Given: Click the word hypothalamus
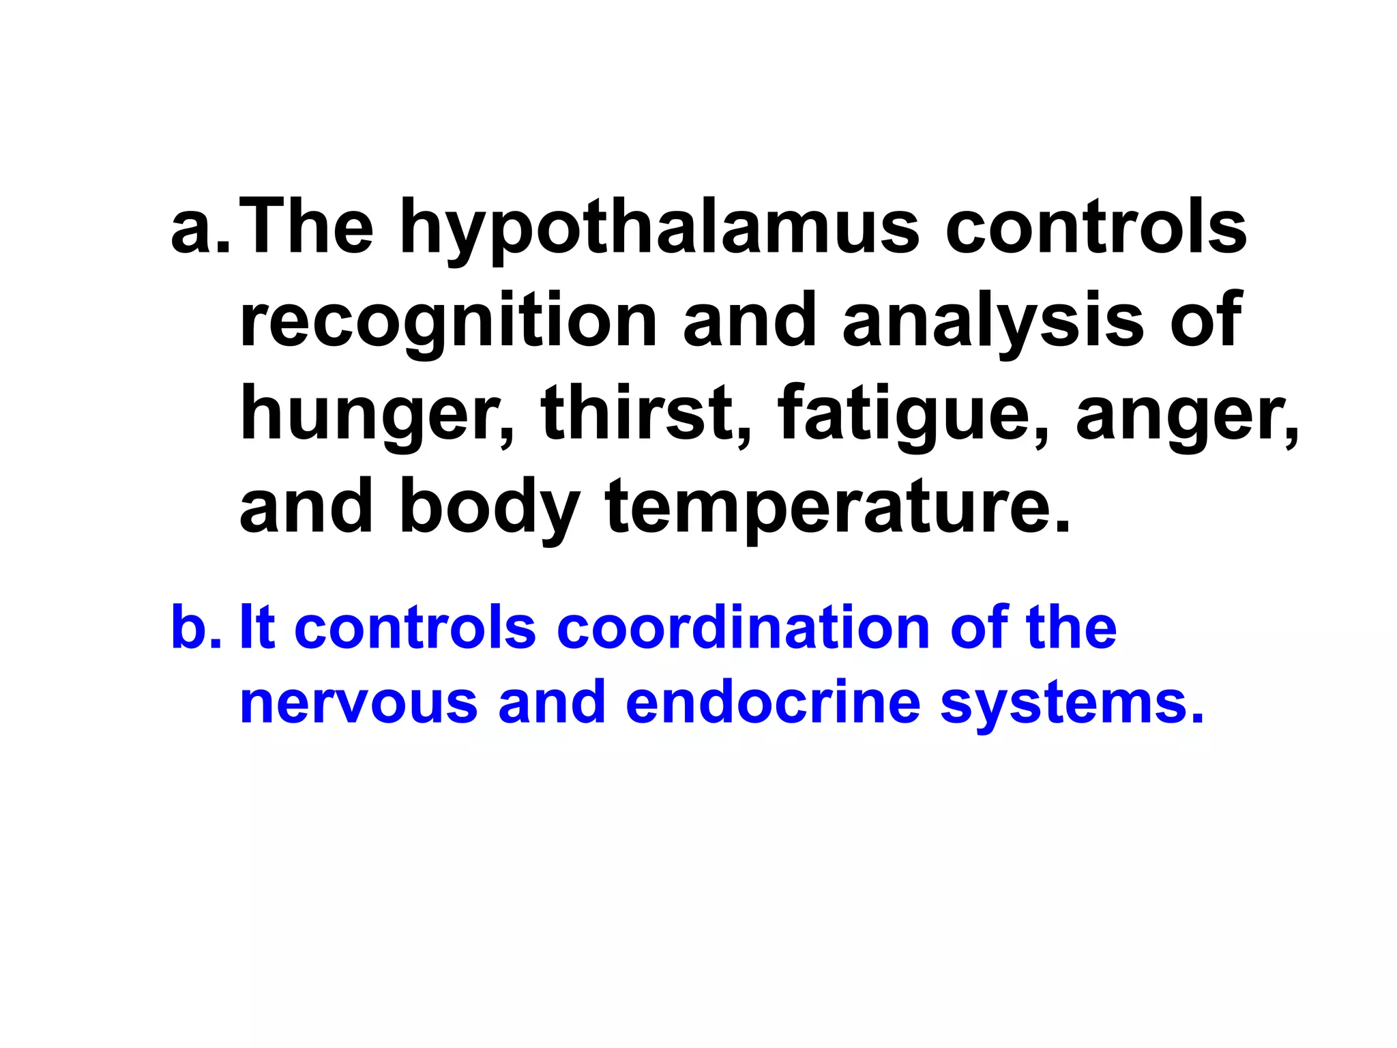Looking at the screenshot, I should [659, 229].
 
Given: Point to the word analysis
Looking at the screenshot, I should [993, 321].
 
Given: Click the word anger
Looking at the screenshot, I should [1188, 413].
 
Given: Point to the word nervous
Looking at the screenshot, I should [359, 703].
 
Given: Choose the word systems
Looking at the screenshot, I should [1072, 703].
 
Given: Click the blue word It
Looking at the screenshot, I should [257, 627].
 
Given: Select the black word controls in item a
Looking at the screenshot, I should [1095, 229].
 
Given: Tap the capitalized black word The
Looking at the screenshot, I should [306, 229].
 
